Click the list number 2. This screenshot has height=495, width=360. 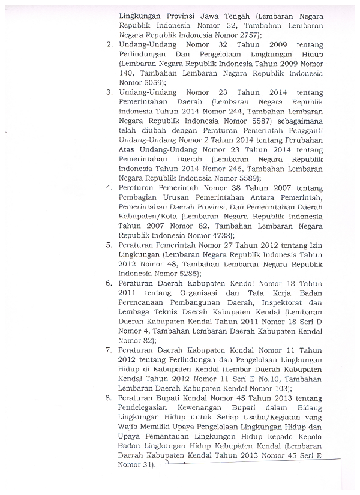109,45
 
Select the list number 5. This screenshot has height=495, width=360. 109,245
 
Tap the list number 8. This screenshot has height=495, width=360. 109,397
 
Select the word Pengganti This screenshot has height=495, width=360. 305,130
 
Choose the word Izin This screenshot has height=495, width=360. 316,245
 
